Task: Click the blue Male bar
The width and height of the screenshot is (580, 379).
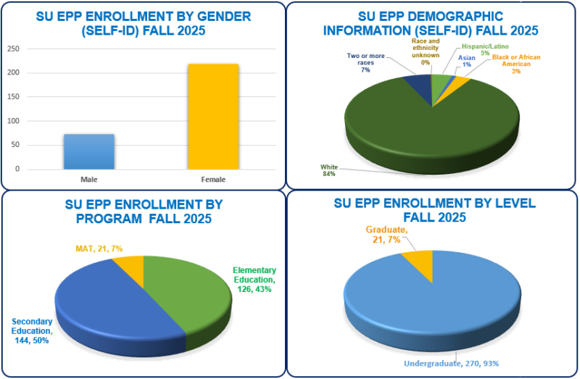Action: tap(88, 151)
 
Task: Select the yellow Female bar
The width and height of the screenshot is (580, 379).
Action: tap(212, 117)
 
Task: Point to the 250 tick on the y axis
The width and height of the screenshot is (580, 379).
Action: tap(14, 49)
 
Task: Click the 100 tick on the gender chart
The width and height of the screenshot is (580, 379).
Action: tap(14, 97)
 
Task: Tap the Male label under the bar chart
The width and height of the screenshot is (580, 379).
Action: tap(88, 179)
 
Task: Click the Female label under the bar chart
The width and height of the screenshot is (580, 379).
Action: tap(212, 179)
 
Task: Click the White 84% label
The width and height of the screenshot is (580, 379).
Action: tap(330, 170)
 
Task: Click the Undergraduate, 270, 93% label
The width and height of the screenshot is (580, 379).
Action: tap(443, 362)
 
